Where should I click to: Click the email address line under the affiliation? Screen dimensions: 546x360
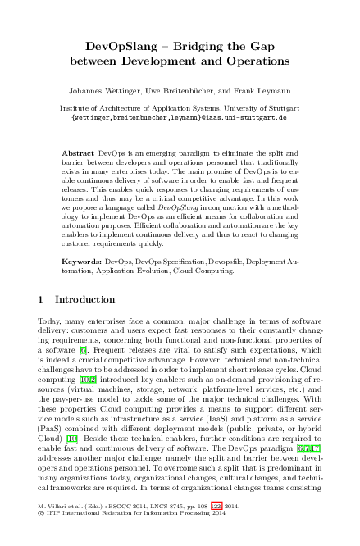[x=179, y=116]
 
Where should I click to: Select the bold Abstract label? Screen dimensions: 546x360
[x=79, y=153]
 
